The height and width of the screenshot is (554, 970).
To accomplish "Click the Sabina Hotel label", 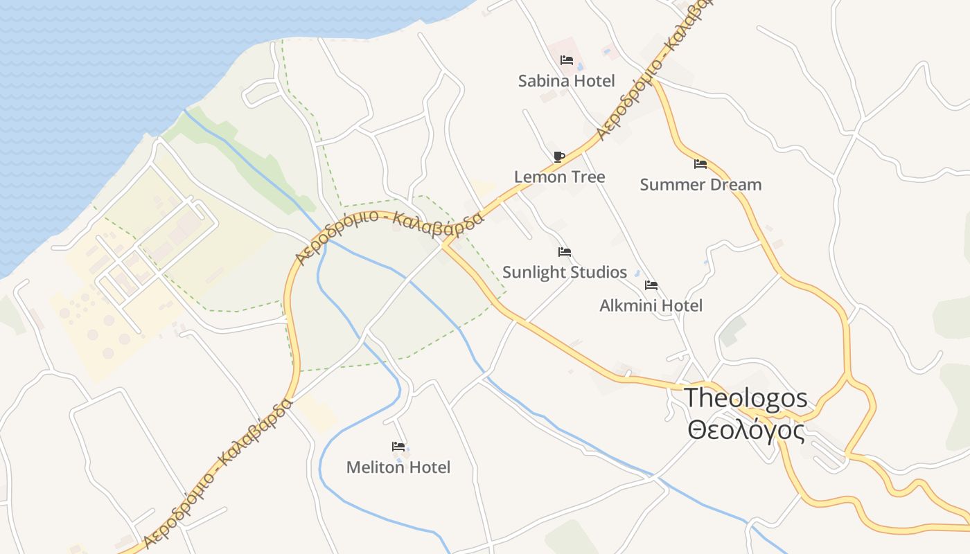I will [x=566, y=81].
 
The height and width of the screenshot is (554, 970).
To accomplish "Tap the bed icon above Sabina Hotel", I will [x=566, y=60].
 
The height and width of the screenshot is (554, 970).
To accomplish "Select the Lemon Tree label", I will [x=559, y=177].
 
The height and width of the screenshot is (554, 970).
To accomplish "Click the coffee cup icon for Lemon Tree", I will [x=559, y=157].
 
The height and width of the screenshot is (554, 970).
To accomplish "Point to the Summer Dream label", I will [x=700, y=185].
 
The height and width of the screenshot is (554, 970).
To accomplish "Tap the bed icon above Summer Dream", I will [x=700, y=164].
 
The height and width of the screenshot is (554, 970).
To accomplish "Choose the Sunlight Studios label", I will [x=564, y=272].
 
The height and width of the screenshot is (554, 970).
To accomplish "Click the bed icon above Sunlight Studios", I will [x=565, y=252].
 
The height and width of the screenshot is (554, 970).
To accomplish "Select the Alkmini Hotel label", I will [x=651, y=305].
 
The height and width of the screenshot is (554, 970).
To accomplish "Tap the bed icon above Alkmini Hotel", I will [x=651, y=285].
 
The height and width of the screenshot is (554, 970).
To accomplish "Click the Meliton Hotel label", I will [x=398, y=467].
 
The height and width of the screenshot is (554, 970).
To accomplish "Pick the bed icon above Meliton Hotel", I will [x=398, y=447].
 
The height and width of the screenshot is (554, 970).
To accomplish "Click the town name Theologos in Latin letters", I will [x=746, y=398].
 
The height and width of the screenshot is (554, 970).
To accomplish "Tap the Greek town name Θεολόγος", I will [x=746, y=430].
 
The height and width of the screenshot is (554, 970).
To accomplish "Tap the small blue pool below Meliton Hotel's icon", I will [x=399, y=457].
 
